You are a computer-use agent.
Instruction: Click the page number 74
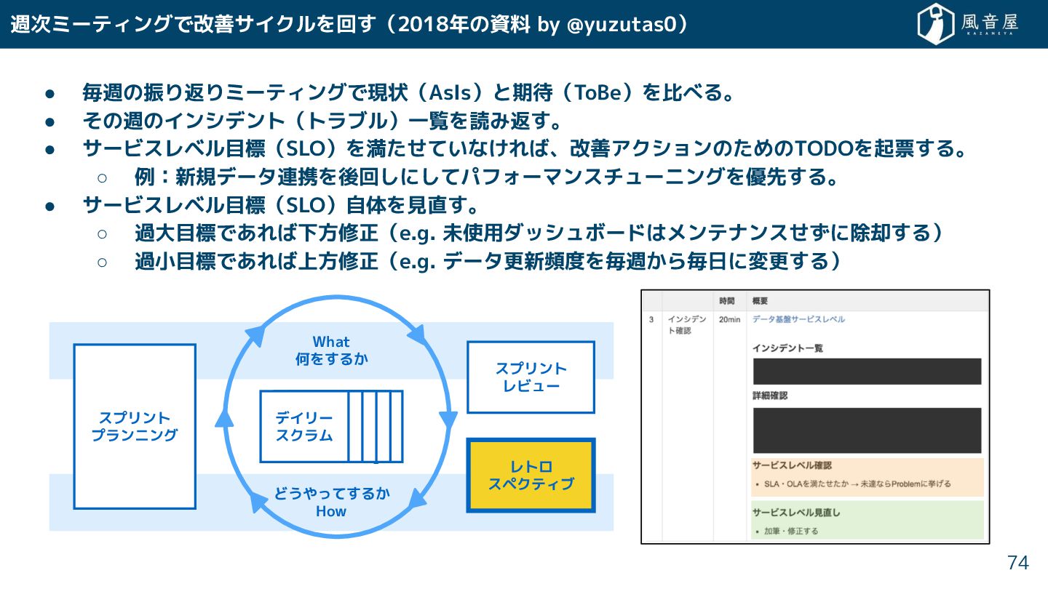pyautogui.click(x=1017, y=562)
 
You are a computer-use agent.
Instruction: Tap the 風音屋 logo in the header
pyautogui.click(x=968, y=24)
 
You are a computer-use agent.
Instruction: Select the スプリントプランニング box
pyautogui.click(x=135, y=426)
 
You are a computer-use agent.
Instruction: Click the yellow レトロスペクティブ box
pyautogui.click(x=531, y=475)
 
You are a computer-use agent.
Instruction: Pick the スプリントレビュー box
pyautogui.click(x=531, y=377)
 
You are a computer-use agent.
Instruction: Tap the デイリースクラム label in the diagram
pyautogui.click(x=304, y=427)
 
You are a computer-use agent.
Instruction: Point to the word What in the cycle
pyautogui.click(x=331, y=342)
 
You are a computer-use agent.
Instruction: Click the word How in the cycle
pyautogui.click(x=331, y=511)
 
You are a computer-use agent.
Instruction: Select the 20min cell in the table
pyautogui.click(x=729, y=320)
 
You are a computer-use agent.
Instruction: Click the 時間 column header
pyautogui.click(x=726, y=301)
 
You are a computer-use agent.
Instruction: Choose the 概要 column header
pyautogui.click(x=761, y=301)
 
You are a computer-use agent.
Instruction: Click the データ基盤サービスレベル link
pyautogui.click(x=798, y=320)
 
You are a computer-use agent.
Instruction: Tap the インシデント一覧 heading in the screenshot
pyautogui.click(x=787, y=348)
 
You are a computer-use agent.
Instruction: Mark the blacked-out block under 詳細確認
pyautogui.click(x=867, y=430)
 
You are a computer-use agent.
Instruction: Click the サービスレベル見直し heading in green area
pyautogui.click(x=796, y=513)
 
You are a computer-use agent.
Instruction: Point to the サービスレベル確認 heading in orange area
pyautogui.click(x=792, y=465)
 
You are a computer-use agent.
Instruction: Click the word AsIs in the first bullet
pyautogui.click(x=454, y=93)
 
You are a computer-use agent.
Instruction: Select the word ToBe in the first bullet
pyautogui.click(x=600, y=93)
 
